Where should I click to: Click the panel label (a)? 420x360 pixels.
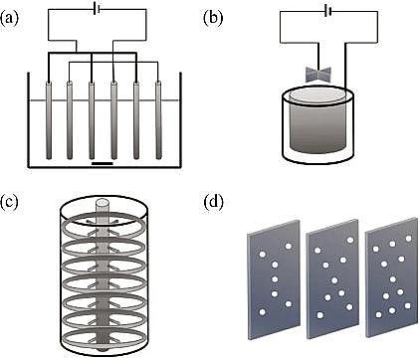tap(8, 18)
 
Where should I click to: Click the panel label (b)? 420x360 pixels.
tap(213, 18)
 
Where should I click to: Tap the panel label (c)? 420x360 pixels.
tap(9, 202)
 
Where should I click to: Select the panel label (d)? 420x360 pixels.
tap(213, 202)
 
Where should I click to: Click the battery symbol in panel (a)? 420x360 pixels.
tap(97, 10)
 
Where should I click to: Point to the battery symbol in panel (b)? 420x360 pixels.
tap(328, 12)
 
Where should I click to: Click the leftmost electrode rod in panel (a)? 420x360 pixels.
tap(49, 119)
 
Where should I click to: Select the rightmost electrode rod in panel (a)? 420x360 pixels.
tap(158, 119)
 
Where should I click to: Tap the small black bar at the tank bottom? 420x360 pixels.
tap(103, 163)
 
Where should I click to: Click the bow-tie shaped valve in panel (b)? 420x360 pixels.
tap(318, 75)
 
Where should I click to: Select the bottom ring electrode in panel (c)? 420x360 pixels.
tap(104, 338)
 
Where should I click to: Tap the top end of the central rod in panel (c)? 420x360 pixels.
tap(104, 203)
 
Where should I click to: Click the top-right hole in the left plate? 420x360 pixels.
tap(288, 247)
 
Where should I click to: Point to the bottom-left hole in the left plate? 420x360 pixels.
tap(262, 312)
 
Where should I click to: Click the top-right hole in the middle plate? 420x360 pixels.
tap(349, 240)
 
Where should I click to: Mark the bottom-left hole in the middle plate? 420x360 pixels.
tap(320, 315)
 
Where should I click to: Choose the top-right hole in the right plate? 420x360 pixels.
tap(409, 238)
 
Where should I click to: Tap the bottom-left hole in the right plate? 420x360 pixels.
tap(378, 314)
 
